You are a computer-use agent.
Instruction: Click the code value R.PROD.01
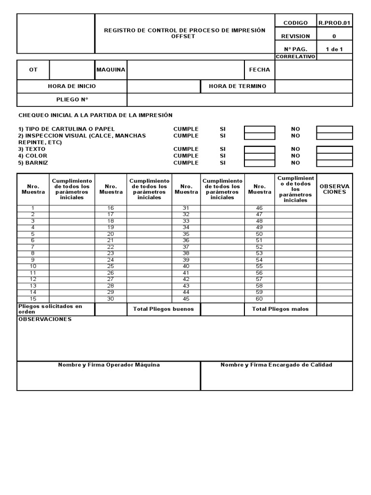(x=334, y=23)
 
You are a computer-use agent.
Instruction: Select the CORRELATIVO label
(x=295, y=57)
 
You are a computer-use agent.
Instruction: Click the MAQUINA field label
(x=111, y=70)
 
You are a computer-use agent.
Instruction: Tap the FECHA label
(x=259, y=70)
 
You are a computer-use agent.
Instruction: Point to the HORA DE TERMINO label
(x=237, y=86)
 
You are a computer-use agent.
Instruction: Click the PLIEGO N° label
(x=72, y=100)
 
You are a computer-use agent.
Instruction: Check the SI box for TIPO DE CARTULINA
(x=259, y=130)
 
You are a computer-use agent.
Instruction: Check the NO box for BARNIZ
(x=334, y=163)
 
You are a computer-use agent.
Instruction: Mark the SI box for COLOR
(x=259, y=156)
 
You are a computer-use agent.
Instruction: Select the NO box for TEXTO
(x=334, y=149)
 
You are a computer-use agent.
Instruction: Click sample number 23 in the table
(x=111, y=253)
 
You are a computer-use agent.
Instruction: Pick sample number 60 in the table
(x=259, y=298)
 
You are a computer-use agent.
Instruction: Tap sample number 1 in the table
(x=33, y=208)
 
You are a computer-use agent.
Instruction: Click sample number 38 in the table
(x=186, y=253)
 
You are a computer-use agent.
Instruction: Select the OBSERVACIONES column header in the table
(x=334, y=189)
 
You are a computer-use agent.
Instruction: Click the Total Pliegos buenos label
(x=163, y=309)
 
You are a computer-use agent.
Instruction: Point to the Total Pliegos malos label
(x=280, y=309)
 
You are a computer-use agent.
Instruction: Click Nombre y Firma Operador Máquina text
(x=109, y=365)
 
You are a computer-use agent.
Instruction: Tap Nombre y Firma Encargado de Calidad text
(x=276, y=365)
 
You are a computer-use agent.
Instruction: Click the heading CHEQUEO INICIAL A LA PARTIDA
(x=95, y=115)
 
